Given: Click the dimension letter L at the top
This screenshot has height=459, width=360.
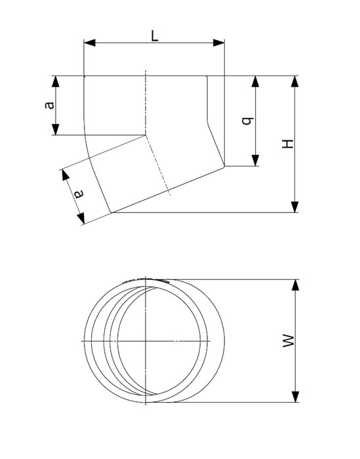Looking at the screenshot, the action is click(x=155, y=36).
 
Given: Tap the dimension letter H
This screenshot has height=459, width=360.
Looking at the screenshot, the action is click(x=288, y=144).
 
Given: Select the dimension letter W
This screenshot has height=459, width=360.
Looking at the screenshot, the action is click(x=289, y=341).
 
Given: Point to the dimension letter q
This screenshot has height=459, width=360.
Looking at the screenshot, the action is click(x=247, y=121).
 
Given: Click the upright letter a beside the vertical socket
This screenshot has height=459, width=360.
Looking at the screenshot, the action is click(x=50, y=106).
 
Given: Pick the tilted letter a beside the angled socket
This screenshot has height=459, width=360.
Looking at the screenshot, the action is click(x=79, y=194).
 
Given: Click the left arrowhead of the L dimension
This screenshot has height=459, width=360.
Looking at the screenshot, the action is click(x=90, y=43).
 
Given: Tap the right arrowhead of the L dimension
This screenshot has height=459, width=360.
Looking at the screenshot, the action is click(x=218, y=43).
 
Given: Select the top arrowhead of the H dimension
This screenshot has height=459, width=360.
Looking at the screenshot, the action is click(x=294, y=81).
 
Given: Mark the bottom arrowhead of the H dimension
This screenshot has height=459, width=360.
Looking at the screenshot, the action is click(x=294, y=207).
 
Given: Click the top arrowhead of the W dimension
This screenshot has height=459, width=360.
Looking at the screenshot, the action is click(x=295, y=285).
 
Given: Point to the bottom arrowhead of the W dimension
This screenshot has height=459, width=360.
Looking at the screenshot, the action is click(x=295, y=397).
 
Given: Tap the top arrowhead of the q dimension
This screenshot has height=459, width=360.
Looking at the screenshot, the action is click(x=255, y=81).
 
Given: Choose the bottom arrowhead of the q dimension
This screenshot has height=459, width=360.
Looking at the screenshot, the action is click(x=255, y=161).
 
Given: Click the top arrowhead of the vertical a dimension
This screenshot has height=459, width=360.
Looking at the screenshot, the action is click(x=55, y=81).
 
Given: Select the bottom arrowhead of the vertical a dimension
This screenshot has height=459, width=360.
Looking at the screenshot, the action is click(x=55, y=129).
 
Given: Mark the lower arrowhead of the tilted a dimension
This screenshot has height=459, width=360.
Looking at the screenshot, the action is click(x=81, y=218).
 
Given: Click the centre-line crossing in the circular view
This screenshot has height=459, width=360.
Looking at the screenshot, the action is click(x=146, y=341).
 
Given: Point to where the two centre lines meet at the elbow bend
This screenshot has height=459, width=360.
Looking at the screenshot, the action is click(x=146, y=135).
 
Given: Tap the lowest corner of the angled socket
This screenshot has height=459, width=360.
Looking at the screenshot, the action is click(x=111, y=212).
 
